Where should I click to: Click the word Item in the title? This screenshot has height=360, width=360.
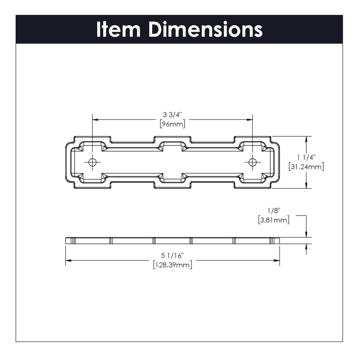[118, 29]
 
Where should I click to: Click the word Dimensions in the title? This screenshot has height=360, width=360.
[206, 29]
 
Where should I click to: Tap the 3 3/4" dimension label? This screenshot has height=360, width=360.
[172, 114]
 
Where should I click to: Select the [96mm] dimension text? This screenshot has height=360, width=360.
[172, 124]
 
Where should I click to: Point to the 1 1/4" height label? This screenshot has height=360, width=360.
[306, 157]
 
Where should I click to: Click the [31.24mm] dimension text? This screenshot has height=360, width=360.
[306, 167]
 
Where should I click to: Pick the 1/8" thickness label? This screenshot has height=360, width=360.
[274, 210]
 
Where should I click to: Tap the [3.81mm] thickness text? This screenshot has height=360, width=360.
[274, 220]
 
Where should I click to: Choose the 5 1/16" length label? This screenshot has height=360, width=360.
[172, 255]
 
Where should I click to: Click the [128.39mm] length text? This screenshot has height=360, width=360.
[172, 265]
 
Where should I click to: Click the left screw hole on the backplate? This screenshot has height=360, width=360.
[92, 162]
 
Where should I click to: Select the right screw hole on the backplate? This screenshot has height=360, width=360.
[252, 162]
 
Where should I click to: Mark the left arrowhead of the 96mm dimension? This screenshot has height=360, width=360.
[95, 120]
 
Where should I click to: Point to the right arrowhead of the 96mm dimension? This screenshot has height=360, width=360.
[250, 120]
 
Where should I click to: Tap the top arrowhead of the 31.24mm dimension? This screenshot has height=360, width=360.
[306, 139]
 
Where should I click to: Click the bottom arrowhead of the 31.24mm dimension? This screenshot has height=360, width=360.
[306, 185]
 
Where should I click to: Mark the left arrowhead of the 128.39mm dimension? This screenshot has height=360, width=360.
[68, 260]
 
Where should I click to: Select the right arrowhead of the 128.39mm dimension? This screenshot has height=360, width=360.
[277, 260]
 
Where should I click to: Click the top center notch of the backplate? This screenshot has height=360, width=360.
[172, 139]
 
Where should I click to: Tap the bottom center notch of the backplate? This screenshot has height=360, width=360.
[172, 185]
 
